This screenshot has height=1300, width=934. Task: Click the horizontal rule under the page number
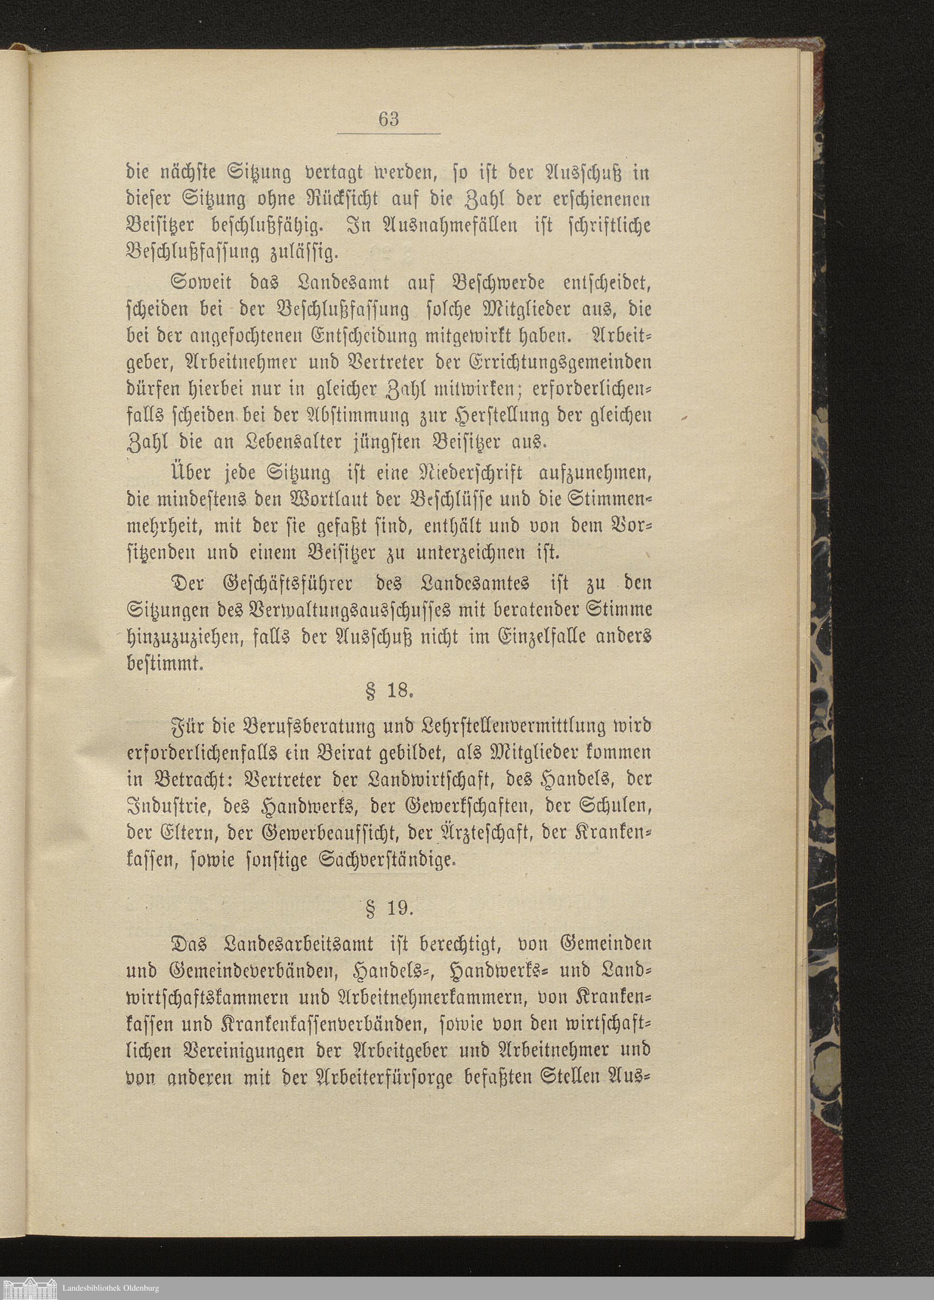[x=388, y=134]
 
